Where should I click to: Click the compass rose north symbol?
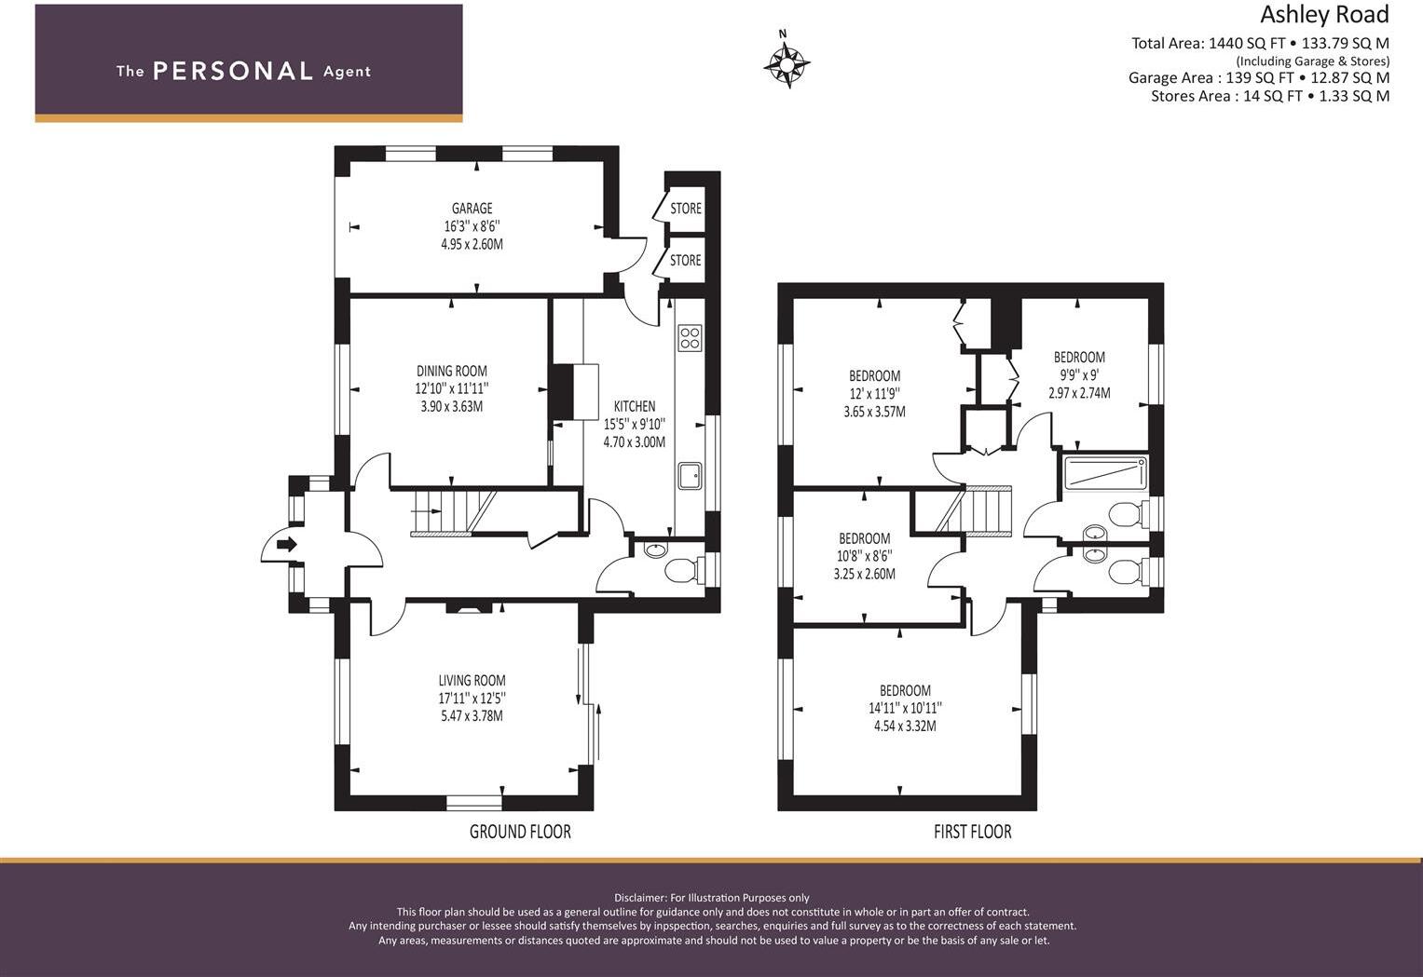[x=787, y=62]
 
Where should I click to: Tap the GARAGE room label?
[x=472, y=209]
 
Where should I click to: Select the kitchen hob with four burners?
[x=690, y=338]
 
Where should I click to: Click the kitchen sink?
[x=690, y=476]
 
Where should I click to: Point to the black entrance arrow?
[x=287, y=544]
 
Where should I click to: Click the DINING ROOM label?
[x=452, y=371]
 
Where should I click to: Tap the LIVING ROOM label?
[x=472, y=681]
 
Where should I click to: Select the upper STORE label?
[x=686, y=209]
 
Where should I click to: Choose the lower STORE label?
[x=686, y=260]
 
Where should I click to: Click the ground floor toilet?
[x=684, y=569]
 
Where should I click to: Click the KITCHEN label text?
[x=635, y=406]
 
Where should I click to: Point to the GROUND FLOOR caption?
[x=520, y=832]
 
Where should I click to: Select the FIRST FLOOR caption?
[x=973, y=832]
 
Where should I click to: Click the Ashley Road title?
[x=1324, y=15]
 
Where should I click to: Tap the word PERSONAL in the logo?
[x=233, y=71]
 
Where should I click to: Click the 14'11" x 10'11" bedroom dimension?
[x=905, y=708]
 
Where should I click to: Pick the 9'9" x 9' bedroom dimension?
[x=1079, y=374]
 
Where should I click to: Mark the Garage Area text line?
[x=1258, y=78]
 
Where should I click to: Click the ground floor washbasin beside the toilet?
[x=655, y=550]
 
